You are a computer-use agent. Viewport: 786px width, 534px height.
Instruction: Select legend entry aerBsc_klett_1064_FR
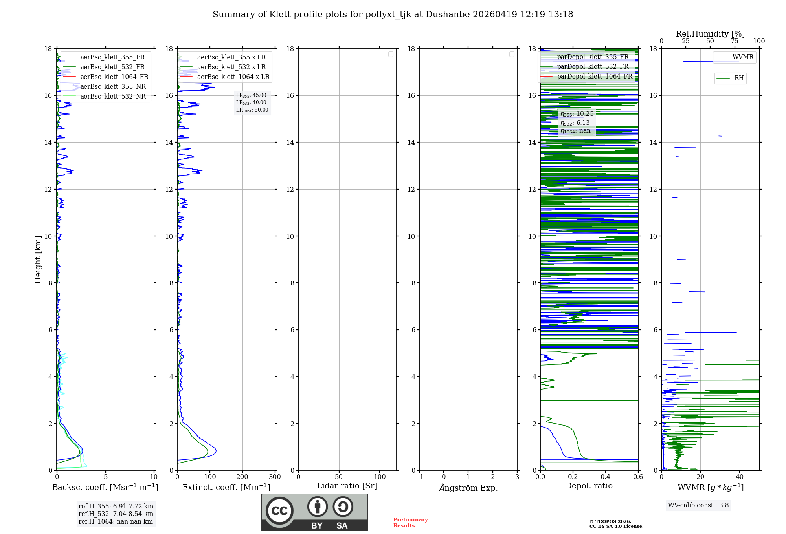click(x=114, y=77)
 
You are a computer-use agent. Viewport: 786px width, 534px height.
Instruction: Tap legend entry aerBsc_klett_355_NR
click(x=113, y=87)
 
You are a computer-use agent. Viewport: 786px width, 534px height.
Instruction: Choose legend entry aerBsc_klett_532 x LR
click(x=231, y=67)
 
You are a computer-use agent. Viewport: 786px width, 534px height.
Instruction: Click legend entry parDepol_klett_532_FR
click(x=593, y=67)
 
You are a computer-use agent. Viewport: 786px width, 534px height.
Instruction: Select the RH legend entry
click(x=739, y=78)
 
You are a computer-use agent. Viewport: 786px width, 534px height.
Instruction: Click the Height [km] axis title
click(x=38, y=260)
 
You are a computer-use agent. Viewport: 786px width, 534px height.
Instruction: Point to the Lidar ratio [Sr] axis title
click(x=347, y=486)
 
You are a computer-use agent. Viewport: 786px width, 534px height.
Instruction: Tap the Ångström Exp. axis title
click(x=468, y=488)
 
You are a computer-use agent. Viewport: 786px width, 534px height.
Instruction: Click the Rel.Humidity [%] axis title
click(x=710, y=34)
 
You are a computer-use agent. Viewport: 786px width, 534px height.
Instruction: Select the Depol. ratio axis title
click(x=589, y=486)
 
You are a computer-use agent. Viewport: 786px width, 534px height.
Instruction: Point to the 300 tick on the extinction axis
click(x=275, y=477)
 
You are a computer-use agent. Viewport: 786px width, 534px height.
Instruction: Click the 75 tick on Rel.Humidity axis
click(x=734, y=41)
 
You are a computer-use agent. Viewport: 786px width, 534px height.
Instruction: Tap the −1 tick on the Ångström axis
click(x=419, y=477)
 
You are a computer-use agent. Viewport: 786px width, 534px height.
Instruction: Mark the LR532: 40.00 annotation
click(x=251, y=102)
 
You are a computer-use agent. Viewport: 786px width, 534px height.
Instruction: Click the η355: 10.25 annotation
click(x=577, y=114)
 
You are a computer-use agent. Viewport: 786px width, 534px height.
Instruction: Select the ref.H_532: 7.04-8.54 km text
click(x=116, y=514)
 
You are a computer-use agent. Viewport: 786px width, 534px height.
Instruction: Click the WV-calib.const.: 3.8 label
click(x=698, y=505)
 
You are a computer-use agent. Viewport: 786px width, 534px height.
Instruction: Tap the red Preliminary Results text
click(x=410, y=523)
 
